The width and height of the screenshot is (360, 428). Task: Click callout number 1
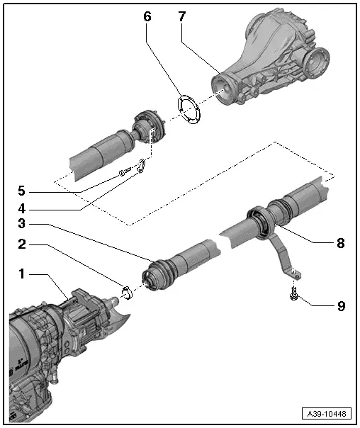(23, 272)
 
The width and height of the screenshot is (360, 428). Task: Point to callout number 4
(23, 210)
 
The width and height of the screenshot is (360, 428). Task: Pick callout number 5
(23, 191)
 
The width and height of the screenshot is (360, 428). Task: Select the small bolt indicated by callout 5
(125, 171)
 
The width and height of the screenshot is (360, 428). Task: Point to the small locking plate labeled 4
(142, 166)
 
